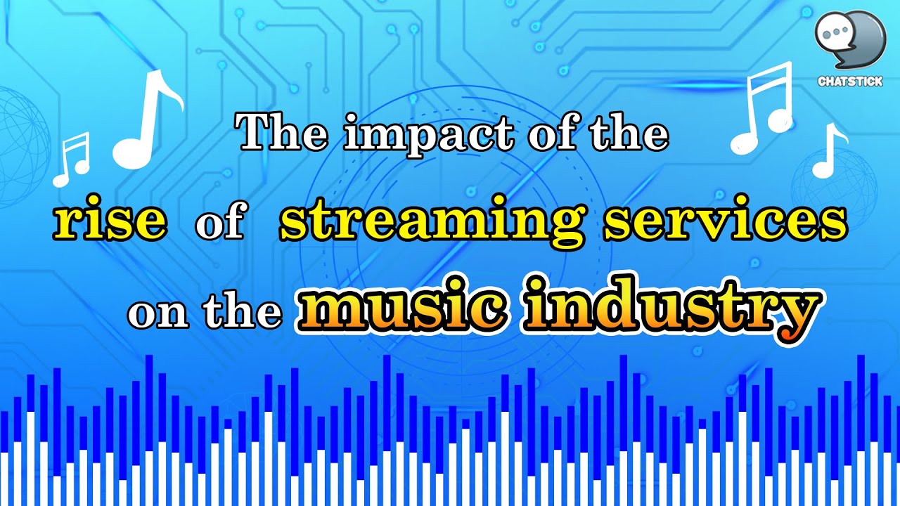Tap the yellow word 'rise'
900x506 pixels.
coord(111,222)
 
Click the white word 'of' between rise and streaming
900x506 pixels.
coord(219,224)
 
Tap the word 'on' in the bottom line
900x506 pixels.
coord(158,314)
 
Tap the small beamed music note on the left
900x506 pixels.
coord(72,160)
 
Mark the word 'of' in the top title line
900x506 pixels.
coord(551,134)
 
